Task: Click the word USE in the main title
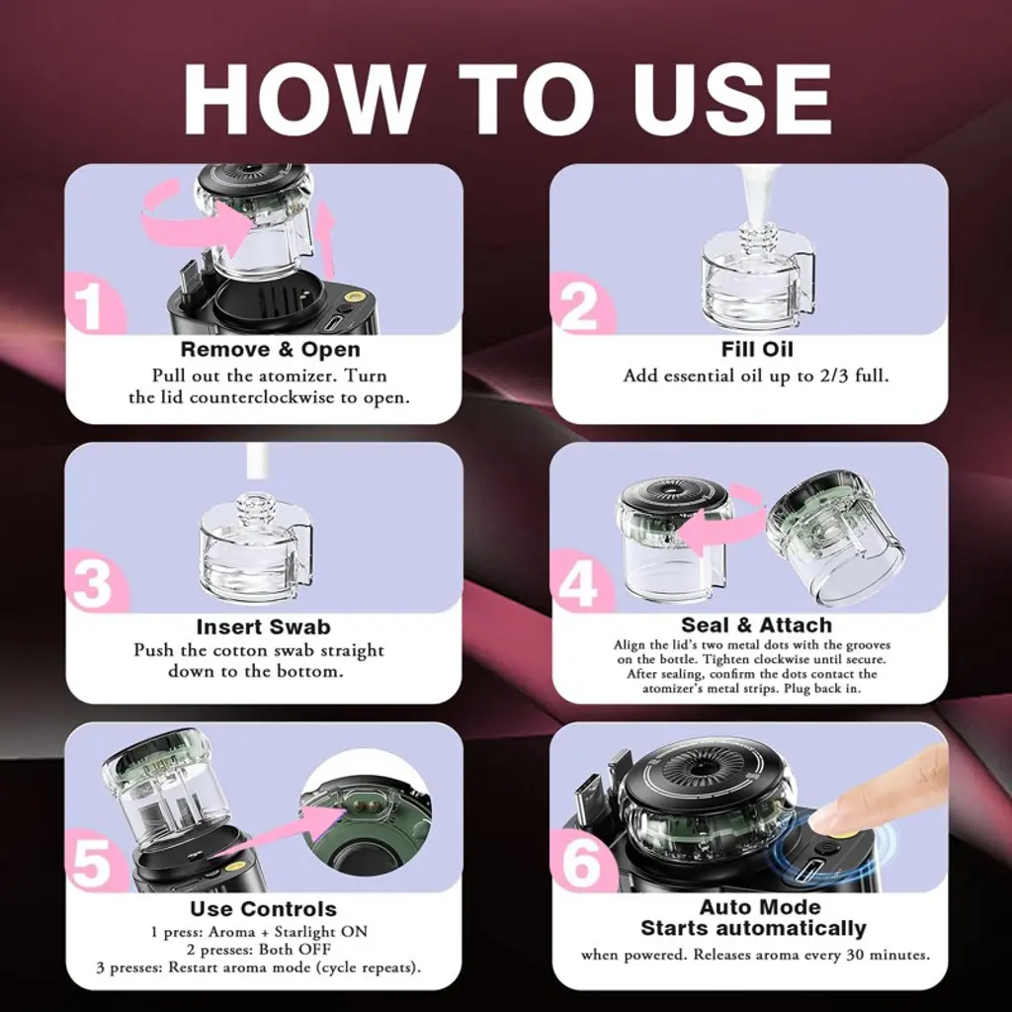click(x=732, y=99)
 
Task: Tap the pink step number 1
click(x=88, y=306)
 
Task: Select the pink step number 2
click(x=578, y=306)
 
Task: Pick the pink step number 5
click(x=92, y=864)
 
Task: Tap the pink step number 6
click(x=581, y=864)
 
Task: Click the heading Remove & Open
click(x=271, y=349)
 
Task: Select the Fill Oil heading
click(x=757, y=349)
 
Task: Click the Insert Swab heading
click(x=263, y=627)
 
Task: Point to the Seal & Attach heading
click(x=756, y=625)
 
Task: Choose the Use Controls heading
click(x=263, y=909)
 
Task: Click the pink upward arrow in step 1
click(x=326, y=239)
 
